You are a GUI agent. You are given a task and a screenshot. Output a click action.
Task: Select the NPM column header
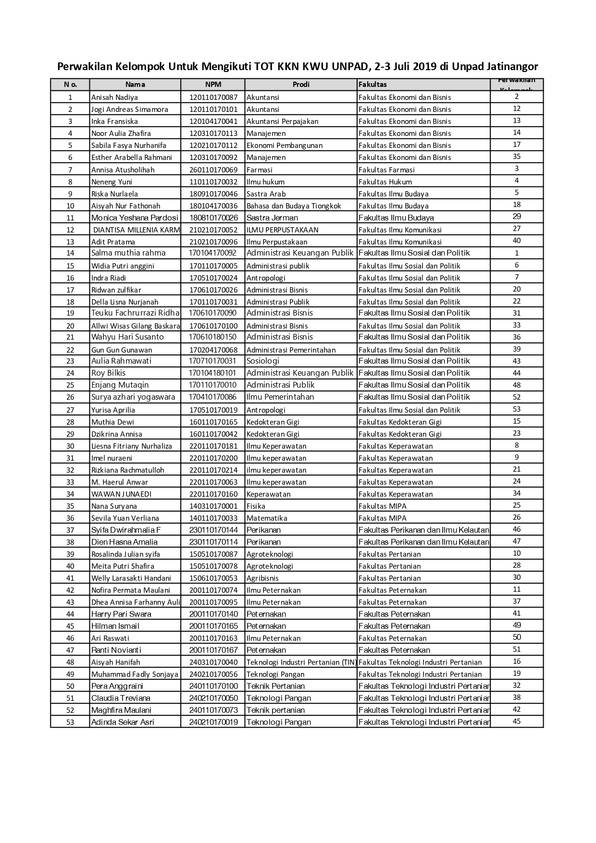click(213, 85)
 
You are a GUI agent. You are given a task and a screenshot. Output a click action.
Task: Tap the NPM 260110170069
click(213, 170)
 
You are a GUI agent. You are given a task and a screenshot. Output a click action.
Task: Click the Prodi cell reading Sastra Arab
click(266, 194)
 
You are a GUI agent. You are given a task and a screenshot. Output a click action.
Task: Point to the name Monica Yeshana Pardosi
click(135, 218)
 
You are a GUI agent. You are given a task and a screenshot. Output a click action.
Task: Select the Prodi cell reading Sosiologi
click(262, 361)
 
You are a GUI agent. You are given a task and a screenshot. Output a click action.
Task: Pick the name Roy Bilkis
click(108, 373)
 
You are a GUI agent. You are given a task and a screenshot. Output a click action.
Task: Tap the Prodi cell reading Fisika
click(256, 506)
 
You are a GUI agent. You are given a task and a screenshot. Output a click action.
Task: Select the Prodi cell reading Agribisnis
click(262, 578)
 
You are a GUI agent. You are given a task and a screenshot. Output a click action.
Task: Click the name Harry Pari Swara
click(121, 614)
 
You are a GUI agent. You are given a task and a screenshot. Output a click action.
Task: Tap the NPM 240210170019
click(213, 722)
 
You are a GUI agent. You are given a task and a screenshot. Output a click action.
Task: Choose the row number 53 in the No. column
click(70, 722)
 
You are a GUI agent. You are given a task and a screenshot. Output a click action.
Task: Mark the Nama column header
click(135, 85)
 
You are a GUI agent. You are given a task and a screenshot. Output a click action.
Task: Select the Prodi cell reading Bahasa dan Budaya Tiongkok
click(294, 206)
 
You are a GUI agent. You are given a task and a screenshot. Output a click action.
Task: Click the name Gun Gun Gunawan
click(122, 350)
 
